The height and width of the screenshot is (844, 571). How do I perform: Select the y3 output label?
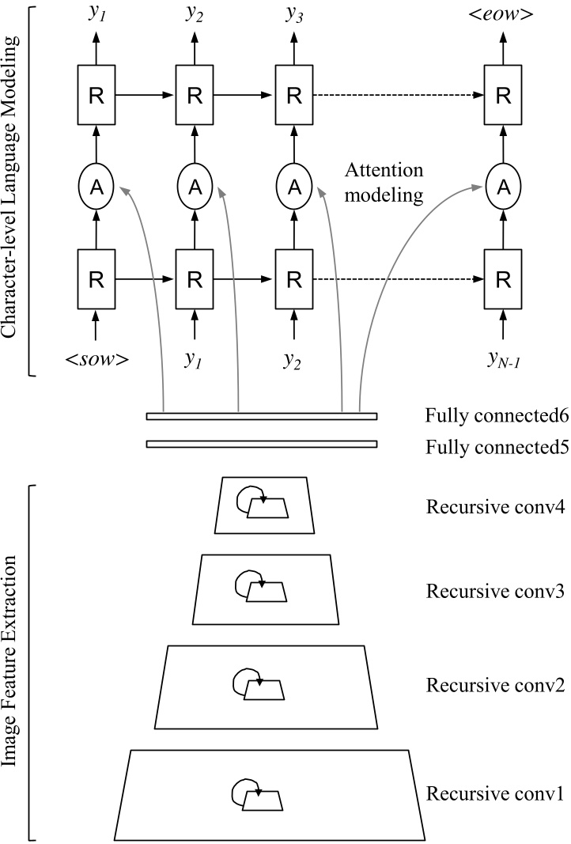point(294,13)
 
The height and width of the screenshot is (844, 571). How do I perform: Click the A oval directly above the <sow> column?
point(96,187)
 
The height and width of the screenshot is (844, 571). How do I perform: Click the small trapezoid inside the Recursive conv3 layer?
point(266,593)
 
